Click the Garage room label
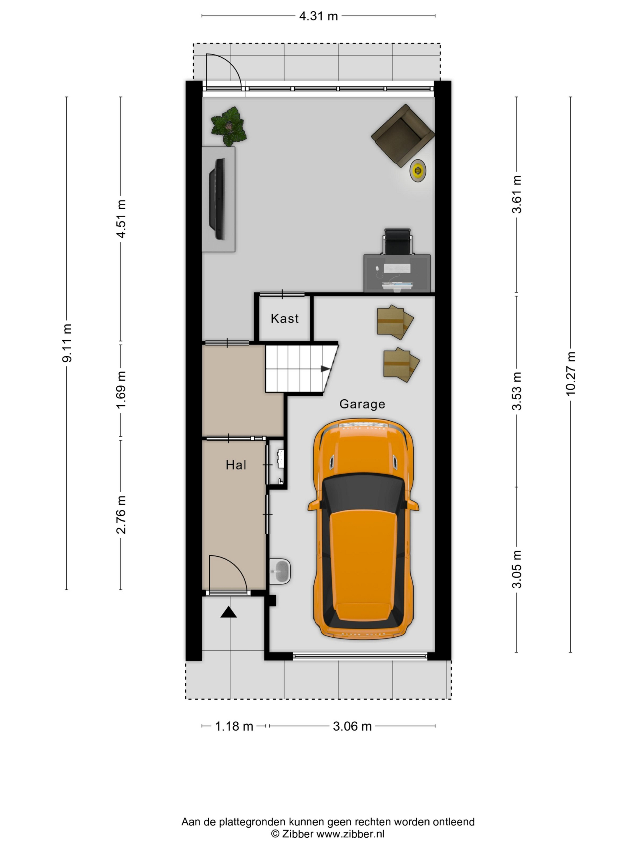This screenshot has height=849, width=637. (362, 405)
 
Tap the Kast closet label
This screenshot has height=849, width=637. (285, 318)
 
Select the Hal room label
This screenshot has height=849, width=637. (236, 465)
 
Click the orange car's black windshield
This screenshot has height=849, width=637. (363, 492)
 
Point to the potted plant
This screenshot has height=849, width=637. (229, 126)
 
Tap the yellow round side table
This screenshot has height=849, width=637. (417, 170)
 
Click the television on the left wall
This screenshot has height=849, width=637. (217, 200)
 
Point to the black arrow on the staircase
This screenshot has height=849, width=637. (325, 369)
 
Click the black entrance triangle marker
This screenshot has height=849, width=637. (229, 612)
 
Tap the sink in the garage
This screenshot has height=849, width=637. (280, 571)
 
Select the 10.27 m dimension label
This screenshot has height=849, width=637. (571, 373)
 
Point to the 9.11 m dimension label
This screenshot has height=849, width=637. (67, 343)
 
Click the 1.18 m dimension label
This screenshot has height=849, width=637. (234, 726)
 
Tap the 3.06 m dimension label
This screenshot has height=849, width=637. (352, 726)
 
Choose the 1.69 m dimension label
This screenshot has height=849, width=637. (121, 390)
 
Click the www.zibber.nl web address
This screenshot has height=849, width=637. (350, 834)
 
